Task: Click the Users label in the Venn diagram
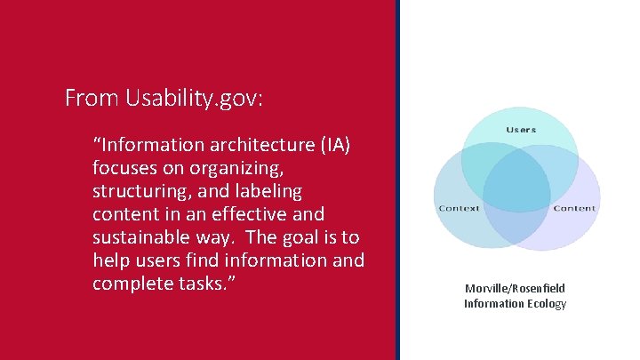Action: point(521,130)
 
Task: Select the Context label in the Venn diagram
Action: point(459,208)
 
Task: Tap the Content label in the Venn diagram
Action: point(574,208)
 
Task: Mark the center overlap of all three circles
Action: point(517,187)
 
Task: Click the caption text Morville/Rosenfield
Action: point(515,288)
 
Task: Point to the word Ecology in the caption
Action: point(547,303)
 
